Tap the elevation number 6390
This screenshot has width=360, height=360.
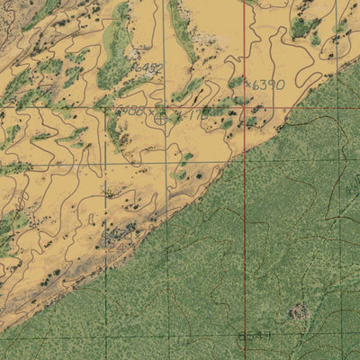[x=267, y=85]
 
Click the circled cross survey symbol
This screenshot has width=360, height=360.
[x=160, y=116]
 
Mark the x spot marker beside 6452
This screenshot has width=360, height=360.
[x=131, y=67]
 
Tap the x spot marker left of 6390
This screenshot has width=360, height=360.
[x=249, y=84]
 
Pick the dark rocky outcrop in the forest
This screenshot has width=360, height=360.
[x=298, y=312]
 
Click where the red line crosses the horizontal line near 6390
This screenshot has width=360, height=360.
[x=245, y=107]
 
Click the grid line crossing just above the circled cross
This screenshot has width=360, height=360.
[x=166, y=107]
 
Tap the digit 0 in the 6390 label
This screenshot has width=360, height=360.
[x=280, y=85]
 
